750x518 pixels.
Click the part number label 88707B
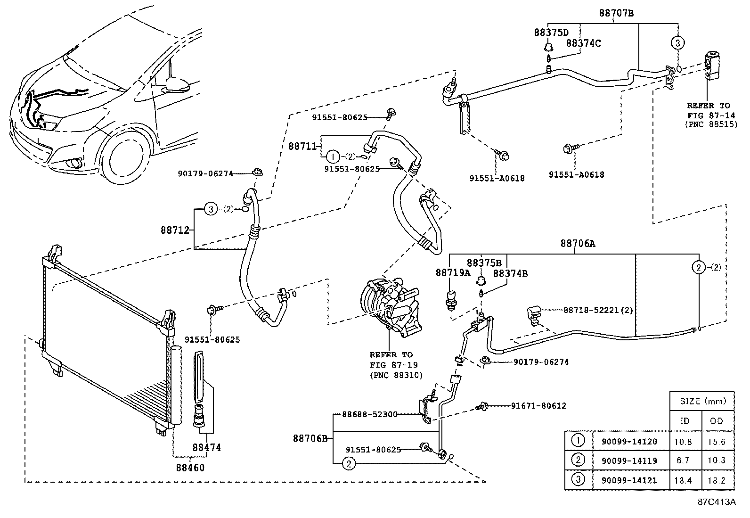[x=616, y=13]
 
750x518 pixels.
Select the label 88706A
[x=578, y=244]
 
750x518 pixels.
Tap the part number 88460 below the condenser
[x=190, y=468]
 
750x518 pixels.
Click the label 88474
[x=206, y=447]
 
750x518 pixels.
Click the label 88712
[x=175, y=230]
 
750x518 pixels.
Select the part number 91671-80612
[x=538, y=405]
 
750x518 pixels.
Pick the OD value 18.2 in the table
[x=716, y=481]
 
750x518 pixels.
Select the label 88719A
[x=453, y=272]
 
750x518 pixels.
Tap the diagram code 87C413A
[x=717, y=502]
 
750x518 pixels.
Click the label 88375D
[x=551, y=33]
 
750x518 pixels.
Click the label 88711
[x=302, y=146]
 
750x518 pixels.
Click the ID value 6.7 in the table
[x=683, y=460]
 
